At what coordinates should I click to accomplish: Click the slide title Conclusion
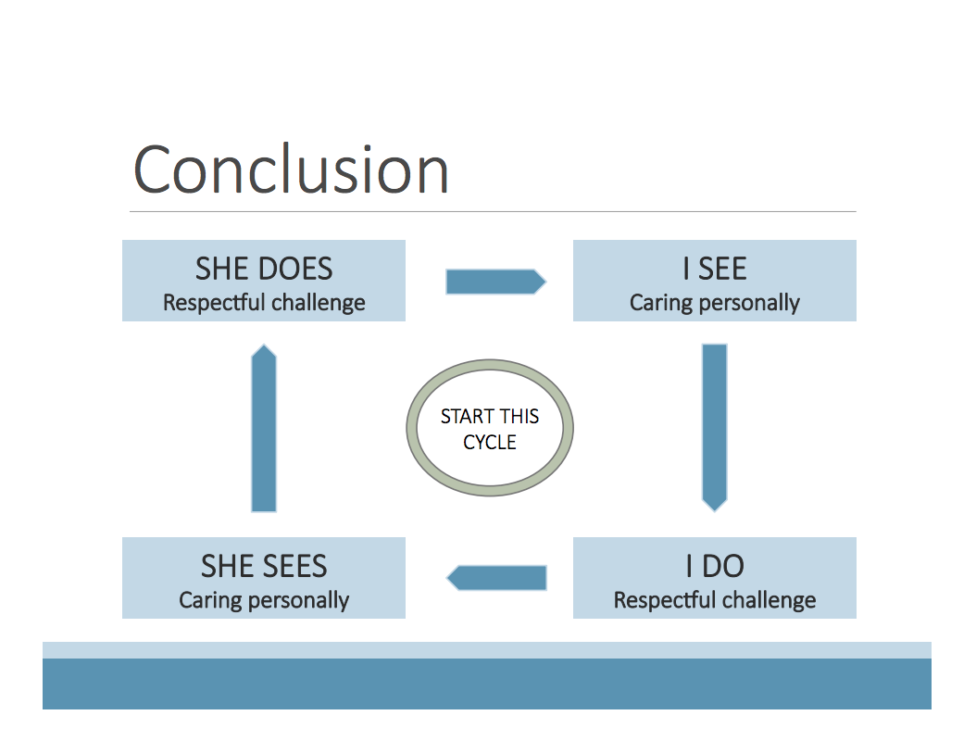[291, 169]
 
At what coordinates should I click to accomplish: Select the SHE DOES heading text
[264, 269]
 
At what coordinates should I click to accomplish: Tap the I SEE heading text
[714, 269]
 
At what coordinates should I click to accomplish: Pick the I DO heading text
[714, 566]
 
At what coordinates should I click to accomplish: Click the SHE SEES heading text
[264, 566]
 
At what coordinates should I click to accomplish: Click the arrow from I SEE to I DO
[715, 427]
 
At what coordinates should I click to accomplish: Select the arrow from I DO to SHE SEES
[496, 578]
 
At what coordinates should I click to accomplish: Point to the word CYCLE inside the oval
[490, 442]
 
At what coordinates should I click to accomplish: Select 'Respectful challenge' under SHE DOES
[264, 303]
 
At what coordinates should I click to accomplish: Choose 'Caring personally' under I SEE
[714, 303]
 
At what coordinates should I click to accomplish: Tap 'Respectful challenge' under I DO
[714, 600]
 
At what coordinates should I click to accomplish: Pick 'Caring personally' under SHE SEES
[264, 600]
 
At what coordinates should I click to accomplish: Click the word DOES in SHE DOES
[295, 269]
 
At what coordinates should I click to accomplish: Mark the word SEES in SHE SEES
[295, 566]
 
